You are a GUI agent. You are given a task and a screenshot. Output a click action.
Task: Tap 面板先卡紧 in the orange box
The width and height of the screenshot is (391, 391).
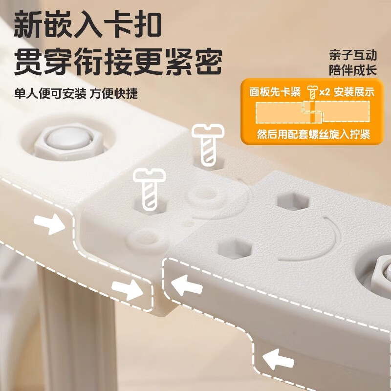(275, 92)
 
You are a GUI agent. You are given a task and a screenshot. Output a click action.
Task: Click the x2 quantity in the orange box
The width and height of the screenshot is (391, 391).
(325, 92)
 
